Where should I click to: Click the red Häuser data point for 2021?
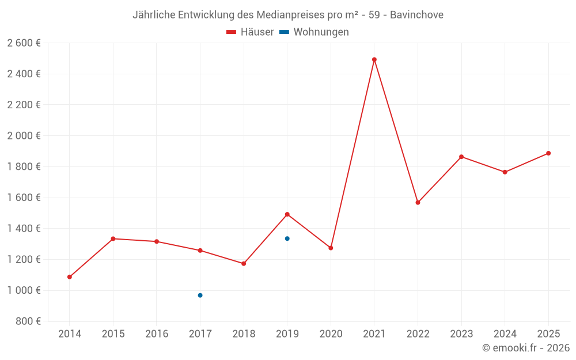point(374,59)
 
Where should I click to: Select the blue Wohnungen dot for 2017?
point(200,295)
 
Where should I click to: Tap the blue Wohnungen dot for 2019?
point(287,238)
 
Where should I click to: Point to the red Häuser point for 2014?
point(70,277)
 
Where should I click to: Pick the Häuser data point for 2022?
point(418,203)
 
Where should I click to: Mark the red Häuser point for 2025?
point(548,153)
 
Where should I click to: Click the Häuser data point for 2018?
point(244,264)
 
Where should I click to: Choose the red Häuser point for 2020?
point(331,248)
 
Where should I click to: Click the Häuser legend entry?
point(250,32)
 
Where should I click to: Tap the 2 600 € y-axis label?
point(24,43)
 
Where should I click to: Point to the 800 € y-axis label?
point(28,321)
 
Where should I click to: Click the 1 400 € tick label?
point(24,229)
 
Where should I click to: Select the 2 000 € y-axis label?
point(24,136)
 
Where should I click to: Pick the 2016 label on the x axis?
point(157,334)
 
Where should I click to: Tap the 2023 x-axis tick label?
point(461,334)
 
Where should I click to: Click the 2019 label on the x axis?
point(287,334)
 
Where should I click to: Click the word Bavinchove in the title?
point(416,15)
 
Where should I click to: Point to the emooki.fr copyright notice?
point(525,348)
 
